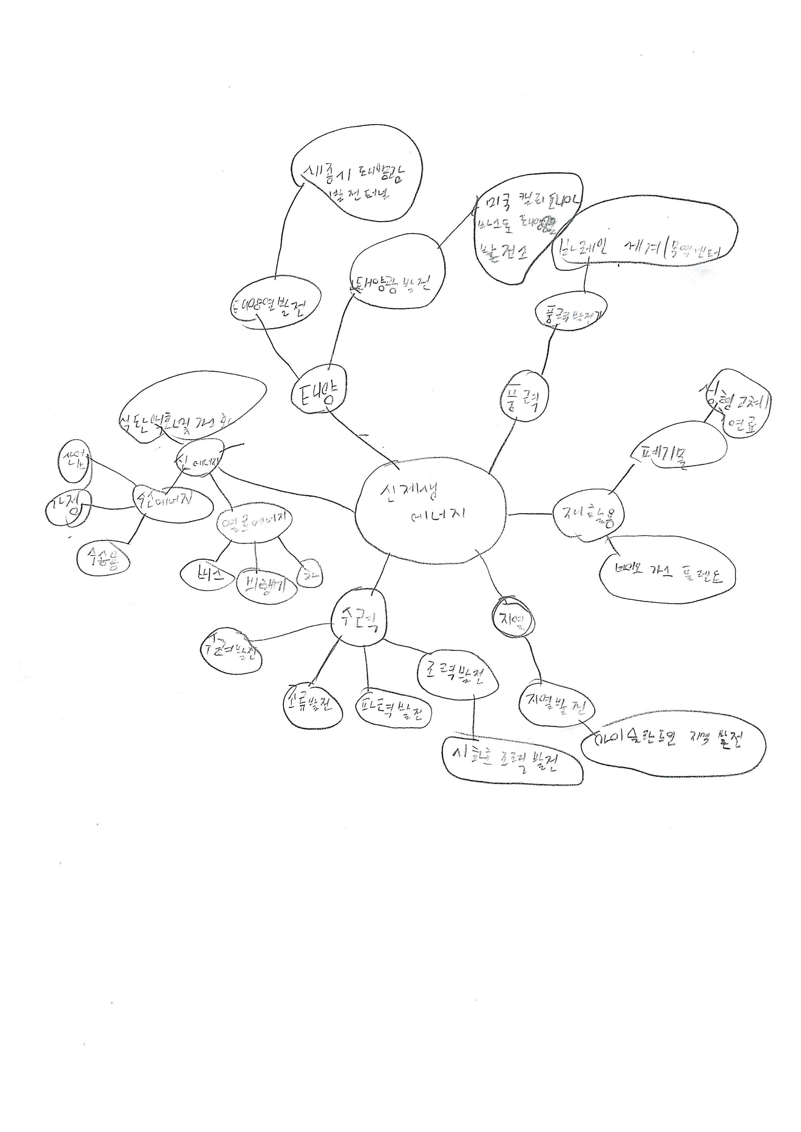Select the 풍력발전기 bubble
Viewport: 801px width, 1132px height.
pyautogui.click(x=571, y=312)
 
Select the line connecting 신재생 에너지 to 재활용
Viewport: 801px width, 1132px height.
pyautogui.click(x=530, y=514)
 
